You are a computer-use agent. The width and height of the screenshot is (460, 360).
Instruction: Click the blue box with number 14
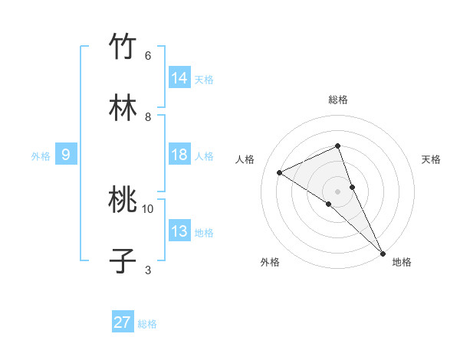coord(179,78)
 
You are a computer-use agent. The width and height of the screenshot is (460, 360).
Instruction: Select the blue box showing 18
coord(179,155)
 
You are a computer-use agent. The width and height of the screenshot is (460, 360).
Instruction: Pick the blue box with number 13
coord(179,231)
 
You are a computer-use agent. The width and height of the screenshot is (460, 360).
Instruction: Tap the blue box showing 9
coord(66,155)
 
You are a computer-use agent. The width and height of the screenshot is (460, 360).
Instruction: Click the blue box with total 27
coord(123,322)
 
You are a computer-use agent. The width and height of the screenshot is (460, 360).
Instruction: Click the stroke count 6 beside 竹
coord(148,56)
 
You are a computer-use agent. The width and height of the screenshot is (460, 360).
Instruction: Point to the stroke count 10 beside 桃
coord(148,208)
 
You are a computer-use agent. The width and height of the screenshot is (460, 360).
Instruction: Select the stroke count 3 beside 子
coord(148,270)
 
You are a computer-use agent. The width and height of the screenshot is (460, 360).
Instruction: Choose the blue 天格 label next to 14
coord(204,80)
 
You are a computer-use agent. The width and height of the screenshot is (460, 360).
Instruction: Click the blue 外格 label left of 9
coord(41,156)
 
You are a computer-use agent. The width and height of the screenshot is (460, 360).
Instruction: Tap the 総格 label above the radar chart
coord(338,100)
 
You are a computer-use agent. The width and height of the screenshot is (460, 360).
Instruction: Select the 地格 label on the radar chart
coord(402,262)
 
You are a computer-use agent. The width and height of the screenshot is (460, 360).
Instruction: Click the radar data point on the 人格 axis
coord(280,172)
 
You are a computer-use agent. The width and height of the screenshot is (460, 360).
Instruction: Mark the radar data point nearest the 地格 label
coord(382,252)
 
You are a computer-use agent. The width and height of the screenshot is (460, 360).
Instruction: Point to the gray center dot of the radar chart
coord(338,191)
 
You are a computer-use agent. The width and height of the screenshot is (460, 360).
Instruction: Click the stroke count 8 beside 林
coord(148,117)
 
